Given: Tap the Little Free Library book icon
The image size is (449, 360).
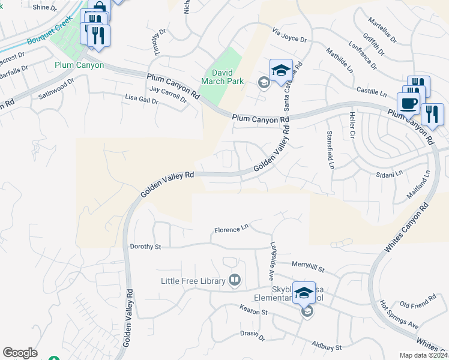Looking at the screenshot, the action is click(235, 280).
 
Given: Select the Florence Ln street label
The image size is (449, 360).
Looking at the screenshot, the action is click(231, 229).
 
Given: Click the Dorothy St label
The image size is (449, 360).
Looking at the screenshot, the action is click(146, 247).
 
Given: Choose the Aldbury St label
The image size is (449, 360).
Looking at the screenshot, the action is click(327, 347).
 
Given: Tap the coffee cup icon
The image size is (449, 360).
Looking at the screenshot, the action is click(408, 103).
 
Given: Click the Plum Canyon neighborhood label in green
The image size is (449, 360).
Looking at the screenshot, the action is click(79, 65).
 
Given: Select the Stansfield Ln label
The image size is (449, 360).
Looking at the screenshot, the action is click(329, 149).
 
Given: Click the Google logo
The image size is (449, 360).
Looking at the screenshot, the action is click(20, 353).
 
